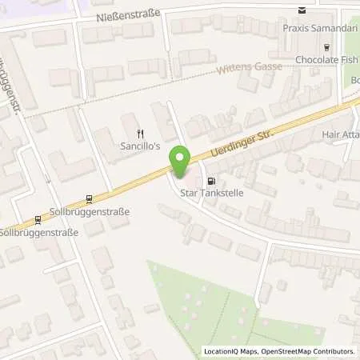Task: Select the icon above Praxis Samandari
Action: (x=301, y=10)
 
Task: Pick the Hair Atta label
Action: (x=339, y=135)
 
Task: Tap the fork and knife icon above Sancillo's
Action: (x=140, y=134)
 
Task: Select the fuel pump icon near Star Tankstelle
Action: (x=211, y=180)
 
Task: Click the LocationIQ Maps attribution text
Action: (x=230, y=351)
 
